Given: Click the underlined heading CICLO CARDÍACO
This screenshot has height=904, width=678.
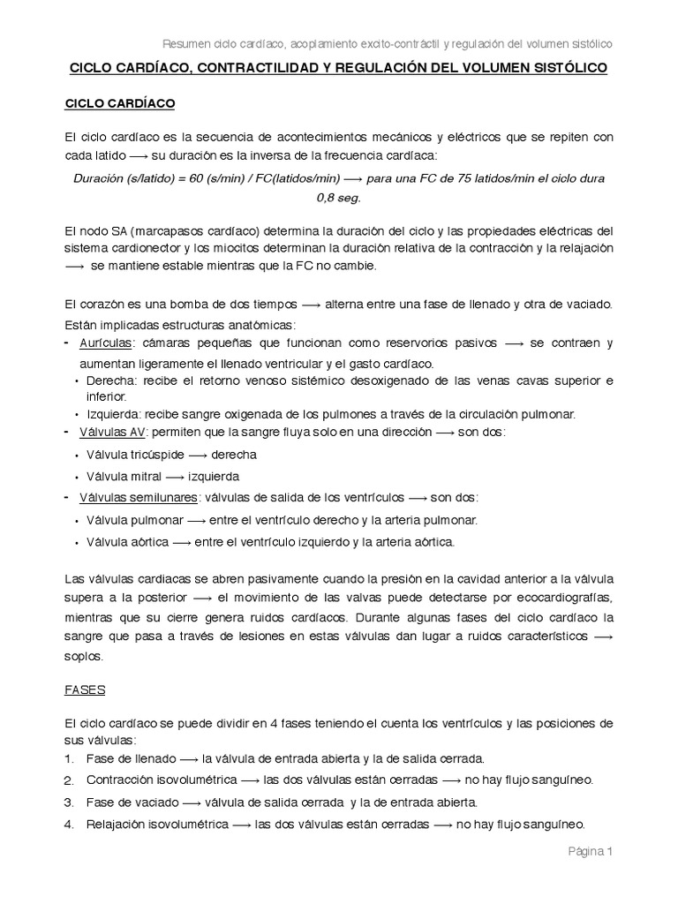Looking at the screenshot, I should coord(120,104).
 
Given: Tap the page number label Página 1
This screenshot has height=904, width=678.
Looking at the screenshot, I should coord(588,851).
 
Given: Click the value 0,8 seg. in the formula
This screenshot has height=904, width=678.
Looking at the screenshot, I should coord(338,199).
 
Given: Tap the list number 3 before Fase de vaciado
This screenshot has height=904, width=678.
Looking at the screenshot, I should coord(69,803).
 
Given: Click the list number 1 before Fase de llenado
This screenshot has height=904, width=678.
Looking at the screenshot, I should coord(69,759).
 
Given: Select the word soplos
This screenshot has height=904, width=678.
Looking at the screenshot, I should coord(85,656).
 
